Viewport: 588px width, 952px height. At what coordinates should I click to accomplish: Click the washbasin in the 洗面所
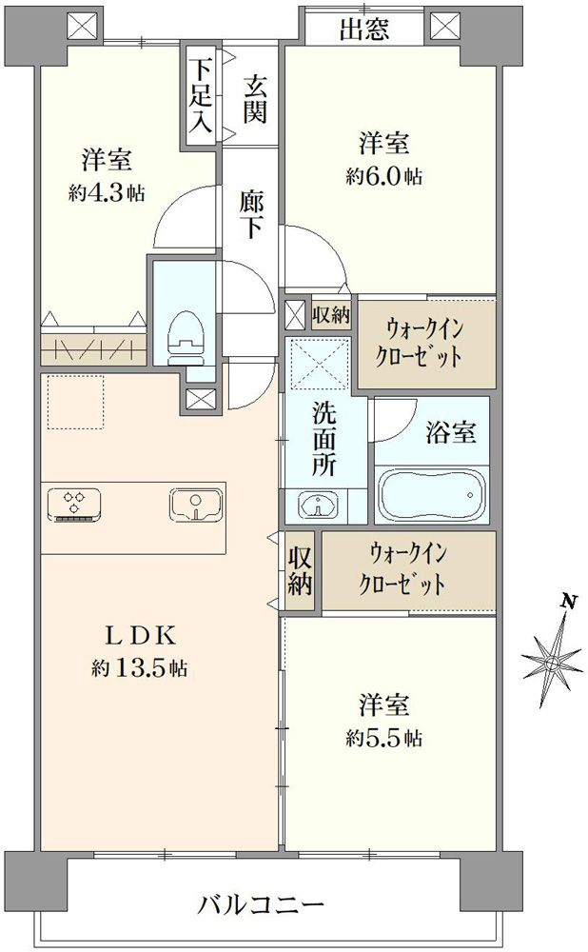(x=319, y=505)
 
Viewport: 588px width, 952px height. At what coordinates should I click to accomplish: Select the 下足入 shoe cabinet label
(x=200, y=94)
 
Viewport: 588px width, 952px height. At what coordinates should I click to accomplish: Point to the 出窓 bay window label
(x=363, y=30)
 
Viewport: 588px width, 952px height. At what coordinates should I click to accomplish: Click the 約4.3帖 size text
(x=107, y=193)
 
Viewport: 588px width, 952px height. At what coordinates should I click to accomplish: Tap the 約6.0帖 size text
(x=384, y=177)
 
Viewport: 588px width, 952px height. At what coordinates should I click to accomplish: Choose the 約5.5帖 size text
(x=384, y=739)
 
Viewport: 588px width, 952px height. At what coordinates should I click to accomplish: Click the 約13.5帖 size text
(x=140, y=668)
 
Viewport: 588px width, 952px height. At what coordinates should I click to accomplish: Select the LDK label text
(x=141, y=636)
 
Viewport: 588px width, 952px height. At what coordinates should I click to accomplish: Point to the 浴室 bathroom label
(x=450, y=432)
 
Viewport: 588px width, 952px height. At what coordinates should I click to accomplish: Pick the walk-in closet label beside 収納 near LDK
(x=402, y=570)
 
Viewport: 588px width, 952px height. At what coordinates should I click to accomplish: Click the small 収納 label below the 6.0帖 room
(x=331, y=314)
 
